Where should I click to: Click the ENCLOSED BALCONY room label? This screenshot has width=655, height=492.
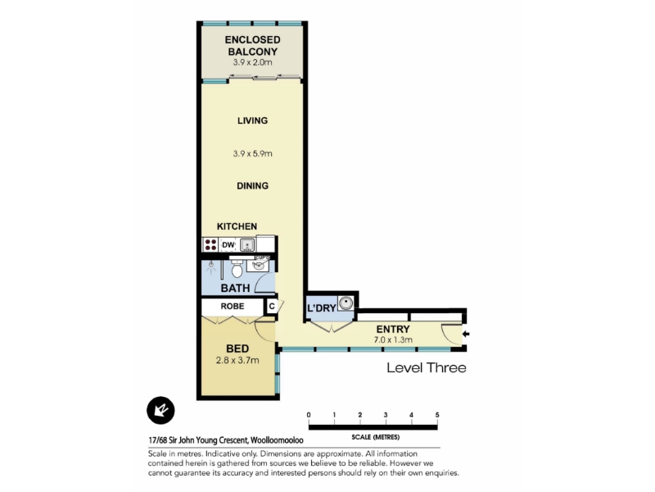[252, 46]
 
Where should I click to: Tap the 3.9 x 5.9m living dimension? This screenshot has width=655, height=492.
[252, 153]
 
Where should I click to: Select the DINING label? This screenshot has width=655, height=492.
[252, 186]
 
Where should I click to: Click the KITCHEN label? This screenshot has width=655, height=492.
[237, 226]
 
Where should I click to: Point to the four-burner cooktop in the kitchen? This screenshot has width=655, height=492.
[210, 244]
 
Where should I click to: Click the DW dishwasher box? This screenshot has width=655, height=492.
[228, 244]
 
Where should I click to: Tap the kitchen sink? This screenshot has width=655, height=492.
[247, 244]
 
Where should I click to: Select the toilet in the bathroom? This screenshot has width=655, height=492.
[237, 268]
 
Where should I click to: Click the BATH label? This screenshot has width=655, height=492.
[235, 289]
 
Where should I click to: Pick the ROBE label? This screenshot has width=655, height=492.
[233, 306]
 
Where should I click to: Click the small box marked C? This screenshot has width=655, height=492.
[272, 306]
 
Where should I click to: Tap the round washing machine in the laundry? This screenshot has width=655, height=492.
[346, 303]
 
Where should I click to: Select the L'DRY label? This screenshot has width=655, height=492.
[321, 308]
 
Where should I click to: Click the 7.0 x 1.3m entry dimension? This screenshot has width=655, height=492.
[393, 339]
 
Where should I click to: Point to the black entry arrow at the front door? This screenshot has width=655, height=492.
[466, 334]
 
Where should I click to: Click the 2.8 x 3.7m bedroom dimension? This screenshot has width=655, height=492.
[237, 360]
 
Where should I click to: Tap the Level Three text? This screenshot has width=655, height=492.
[426, 367]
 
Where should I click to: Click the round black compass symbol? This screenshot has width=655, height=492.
[160, 411]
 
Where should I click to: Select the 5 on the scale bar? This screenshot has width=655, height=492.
[437, 415]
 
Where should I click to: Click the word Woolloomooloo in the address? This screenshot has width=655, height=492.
[277, 440]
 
